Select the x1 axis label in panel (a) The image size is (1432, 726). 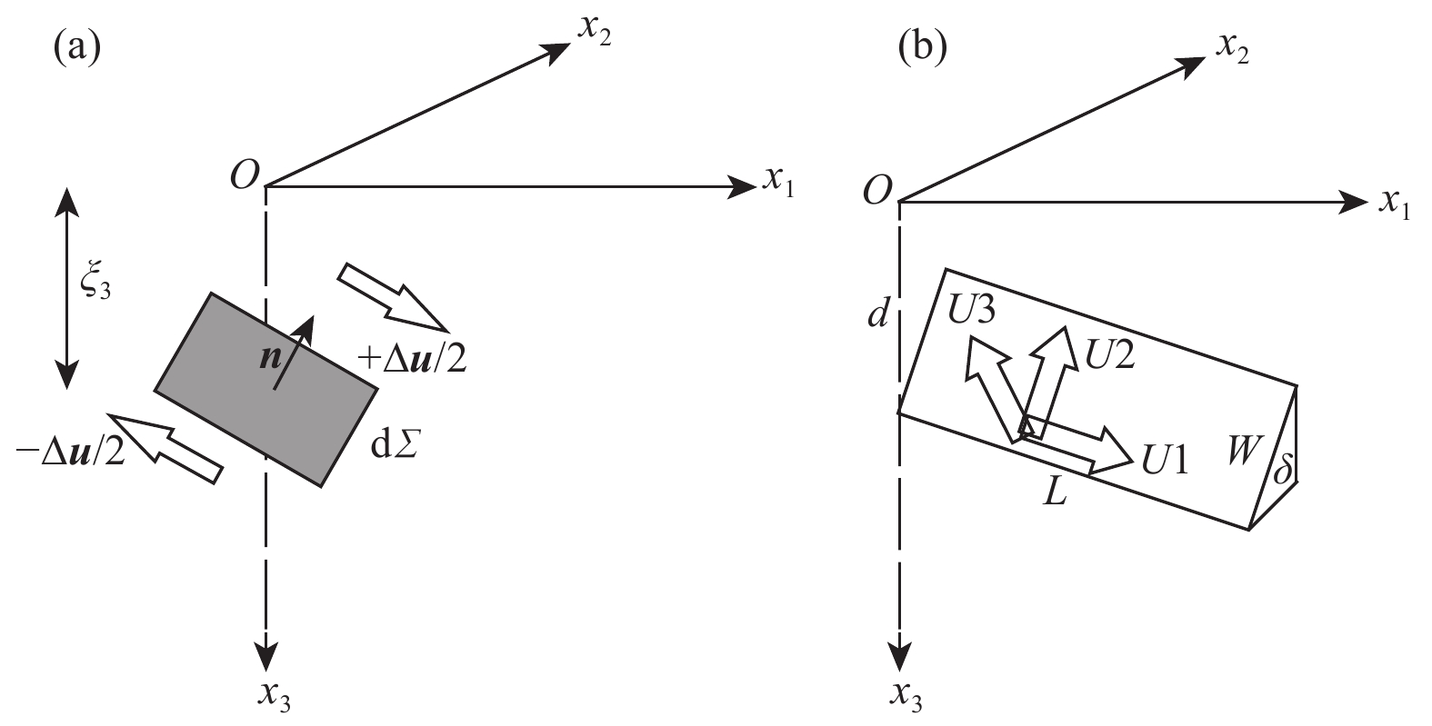click(778, 185)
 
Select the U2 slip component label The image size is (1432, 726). click(1110, 353)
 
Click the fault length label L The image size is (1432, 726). click(1055, 495)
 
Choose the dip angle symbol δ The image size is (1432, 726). click(1282, 472)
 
